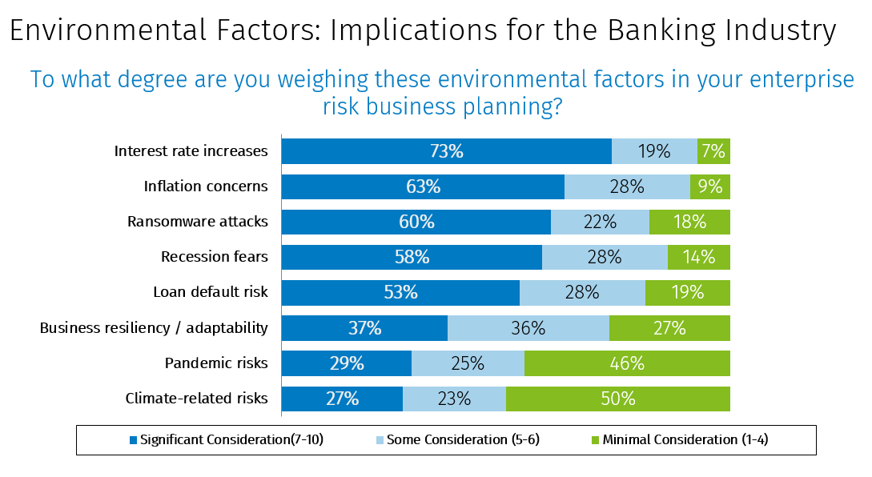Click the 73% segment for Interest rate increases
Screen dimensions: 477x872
(x=446, y=151)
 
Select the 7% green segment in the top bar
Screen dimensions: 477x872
(x=713, y=151)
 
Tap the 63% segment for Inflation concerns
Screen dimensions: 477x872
(x=423, y=186)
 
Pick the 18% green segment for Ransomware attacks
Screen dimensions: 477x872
(x=689, y=222)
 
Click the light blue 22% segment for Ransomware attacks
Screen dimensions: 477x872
(x=600, y=222)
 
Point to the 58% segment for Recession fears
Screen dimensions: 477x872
(x=412, y=257)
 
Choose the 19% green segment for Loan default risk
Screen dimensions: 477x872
(x=688, y=292)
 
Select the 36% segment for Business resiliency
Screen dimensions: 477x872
(x=528, y=327)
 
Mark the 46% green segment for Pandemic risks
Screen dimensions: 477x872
(x=627, y=363)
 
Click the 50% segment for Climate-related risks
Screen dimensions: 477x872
(x=618, y=398)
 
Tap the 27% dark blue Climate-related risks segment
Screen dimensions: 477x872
(x=342, y=398)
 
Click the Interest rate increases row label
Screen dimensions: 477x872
(x=191, y=151)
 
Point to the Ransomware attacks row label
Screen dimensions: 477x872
(x=198, y=222)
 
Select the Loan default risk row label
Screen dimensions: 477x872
(x=211, y=292)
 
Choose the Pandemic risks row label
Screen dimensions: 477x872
(x=216, y=363)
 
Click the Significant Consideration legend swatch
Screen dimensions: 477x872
(x=133, y=439)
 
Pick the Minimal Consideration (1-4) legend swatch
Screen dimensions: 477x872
(x=596, y=439)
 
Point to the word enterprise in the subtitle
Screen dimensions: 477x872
(x=790, y=80)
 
